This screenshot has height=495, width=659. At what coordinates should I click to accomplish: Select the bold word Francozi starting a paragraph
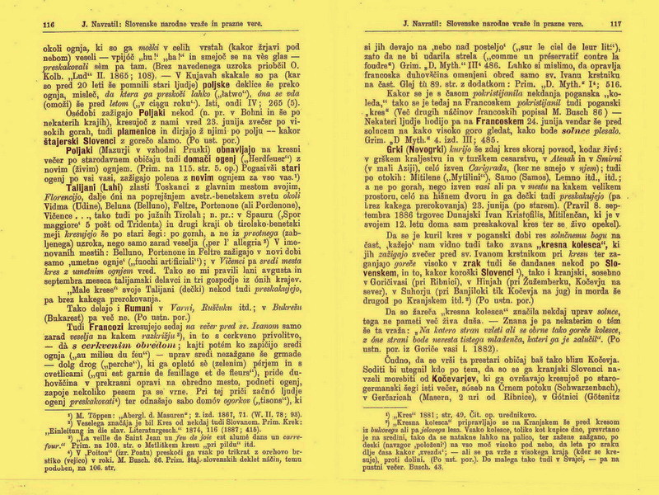click(82, 326)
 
